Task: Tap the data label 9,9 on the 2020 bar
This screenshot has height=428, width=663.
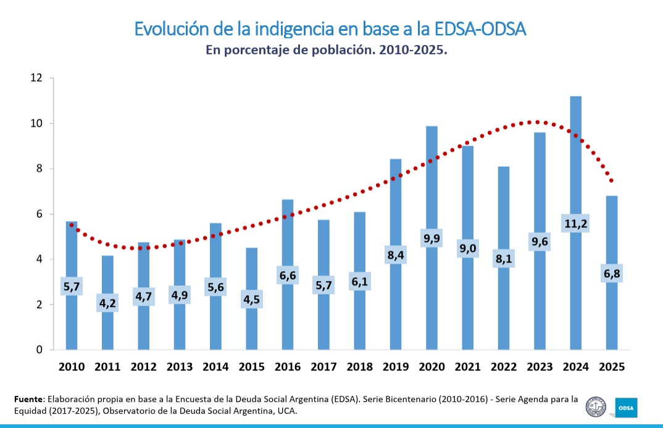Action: point(432,238)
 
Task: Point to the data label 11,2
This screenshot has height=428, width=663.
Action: point(575,223)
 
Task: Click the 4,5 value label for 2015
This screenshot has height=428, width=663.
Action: point(251,299)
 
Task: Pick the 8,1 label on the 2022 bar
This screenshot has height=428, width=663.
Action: point(504,258)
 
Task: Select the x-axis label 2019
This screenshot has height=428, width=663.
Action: point(395,367)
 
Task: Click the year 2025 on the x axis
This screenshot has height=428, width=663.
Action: point(611,367)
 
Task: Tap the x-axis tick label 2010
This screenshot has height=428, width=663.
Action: point(72,367)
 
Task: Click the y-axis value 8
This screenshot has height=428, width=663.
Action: point(39,169)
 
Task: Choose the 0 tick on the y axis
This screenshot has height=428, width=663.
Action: point(39,350)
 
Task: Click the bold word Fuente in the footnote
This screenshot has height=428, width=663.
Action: point(28,400)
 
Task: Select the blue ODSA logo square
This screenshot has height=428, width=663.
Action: point(626,407)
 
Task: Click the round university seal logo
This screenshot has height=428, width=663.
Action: point(595,406)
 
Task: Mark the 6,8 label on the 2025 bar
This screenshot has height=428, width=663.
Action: point(611,273)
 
